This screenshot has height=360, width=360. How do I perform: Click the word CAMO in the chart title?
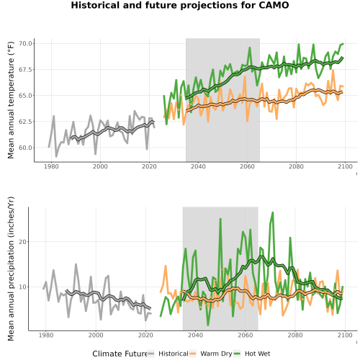274,5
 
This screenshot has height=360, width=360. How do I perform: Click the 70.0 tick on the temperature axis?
25,43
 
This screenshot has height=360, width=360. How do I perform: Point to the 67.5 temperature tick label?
25,70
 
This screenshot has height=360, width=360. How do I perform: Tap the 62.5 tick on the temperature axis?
25,122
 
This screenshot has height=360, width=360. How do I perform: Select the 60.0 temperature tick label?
25,148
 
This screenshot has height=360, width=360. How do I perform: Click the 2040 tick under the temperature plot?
198,166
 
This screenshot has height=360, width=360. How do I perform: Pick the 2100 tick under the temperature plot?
345,166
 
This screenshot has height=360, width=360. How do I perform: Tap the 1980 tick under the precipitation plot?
46,335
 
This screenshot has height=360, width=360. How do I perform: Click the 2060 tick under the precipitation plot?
246,335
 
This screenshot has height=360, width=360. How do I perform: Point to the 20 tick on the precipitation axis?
22,242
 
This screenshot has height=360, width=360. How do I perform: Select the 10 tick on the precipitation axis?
22,287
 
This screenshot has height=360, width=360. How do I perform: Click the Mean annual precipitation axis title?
11,269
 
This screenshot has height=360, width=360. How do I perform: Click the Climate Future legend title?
120,354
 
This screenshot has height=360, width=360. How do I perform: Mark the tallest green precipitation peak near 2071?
272,212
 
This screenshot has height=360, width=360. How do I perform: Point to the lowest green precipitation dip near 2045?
208,325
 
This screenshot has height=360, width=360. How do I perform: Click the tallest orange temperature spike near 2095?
333,71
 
